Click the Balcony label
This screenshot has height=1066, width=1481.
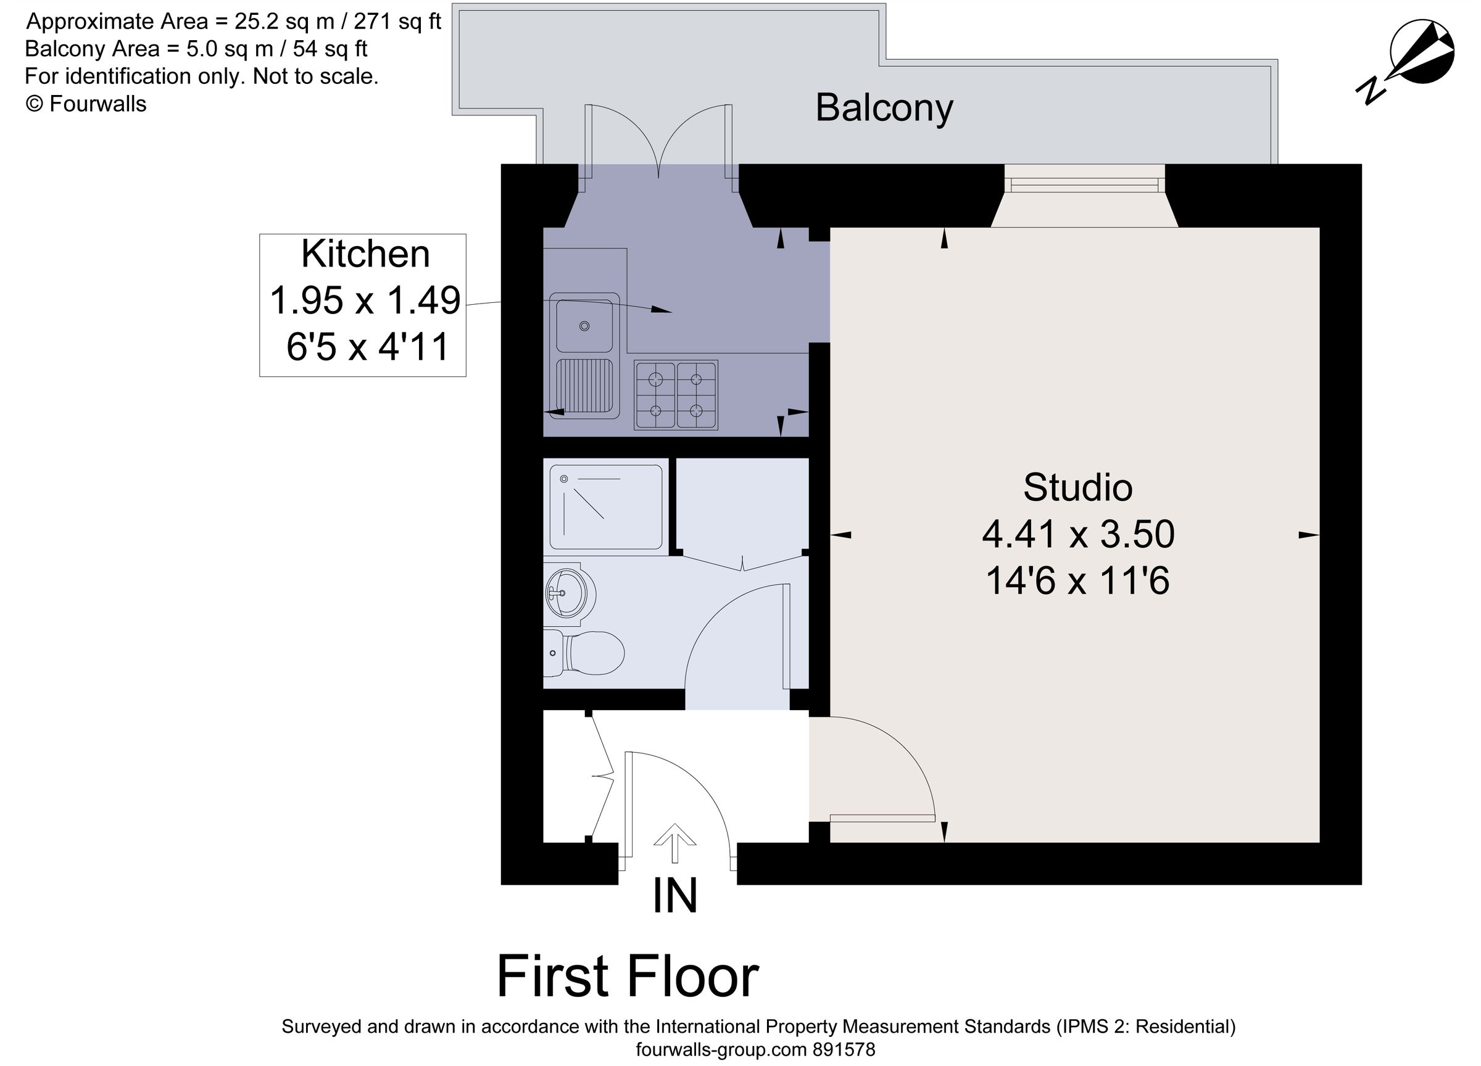pos(884,109)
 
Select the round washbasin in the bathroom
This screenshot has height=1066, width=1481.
pos(570,593)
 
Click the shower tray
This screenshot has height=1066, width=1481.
pos(605,506)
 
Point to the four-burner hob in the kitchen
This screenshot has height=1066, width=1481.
pos(675,395)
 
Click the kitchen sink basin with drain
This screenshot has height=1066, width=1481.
pos(584,326)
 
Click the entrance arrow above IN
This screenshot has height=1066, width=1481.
pos(674,843)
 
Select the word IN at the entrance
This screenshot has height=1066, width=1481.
pos(674,896)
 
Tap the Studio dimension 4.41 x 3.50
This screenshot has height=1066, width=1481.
pos(1077,534)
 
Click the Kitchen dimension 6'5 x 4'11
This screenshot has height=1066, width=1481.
pos(368,347)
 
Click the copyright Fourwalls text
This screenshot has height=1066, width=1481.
pos(86,104)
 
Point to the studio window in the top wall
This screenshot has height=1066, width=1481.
pos(1084,186)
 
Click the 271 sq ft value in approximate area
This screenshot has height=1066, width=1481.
pos(397,22)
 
